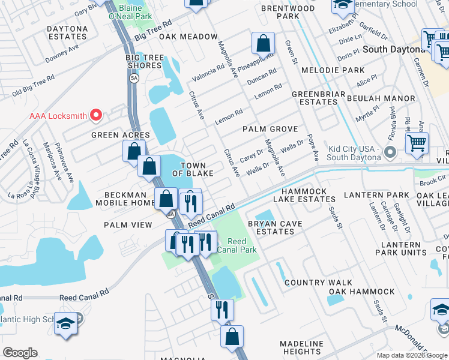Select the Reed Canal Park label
(237, 245)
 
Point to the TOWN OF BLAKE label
(193, 169)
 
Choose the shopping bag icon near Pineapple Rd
(263, 44)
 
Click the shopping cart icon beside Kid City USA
(417, 144)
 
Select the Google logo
(20, 353)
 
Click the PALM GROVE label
(270, 129)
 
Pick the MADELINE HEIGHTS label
(301, 347)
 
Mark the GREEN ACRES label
(120, 135)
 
